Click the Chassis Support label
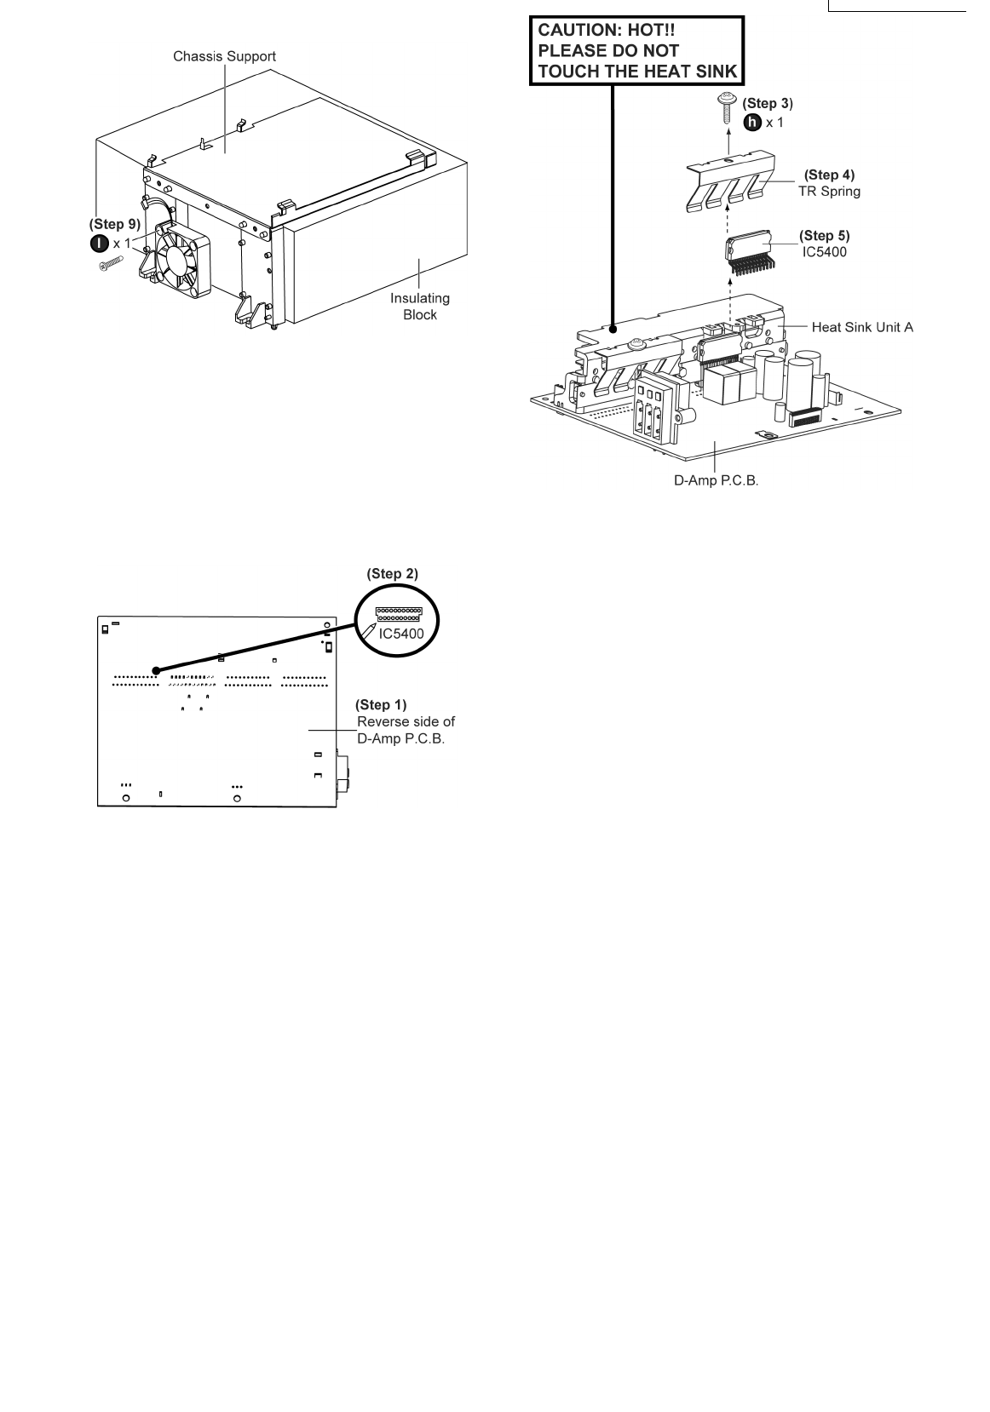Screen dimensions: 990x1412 coord(224,56)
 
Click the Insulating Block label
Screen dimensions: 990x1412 coord(419,307)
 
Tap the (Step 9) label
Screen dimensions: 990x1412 coord(115,225)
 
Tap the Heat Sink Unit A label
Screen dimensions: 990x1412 coord(862,327)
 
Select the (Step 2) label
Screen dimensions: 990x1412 coord(393,574)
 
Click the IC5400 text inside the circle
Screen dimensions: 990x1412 coord(400,634)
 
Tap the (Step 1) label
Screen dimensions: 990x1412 coord(381,704)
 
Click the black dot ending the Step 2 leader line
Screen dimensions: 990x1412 coord(155,670)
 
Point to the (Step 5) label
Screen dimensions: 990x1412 coord(824,235)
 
